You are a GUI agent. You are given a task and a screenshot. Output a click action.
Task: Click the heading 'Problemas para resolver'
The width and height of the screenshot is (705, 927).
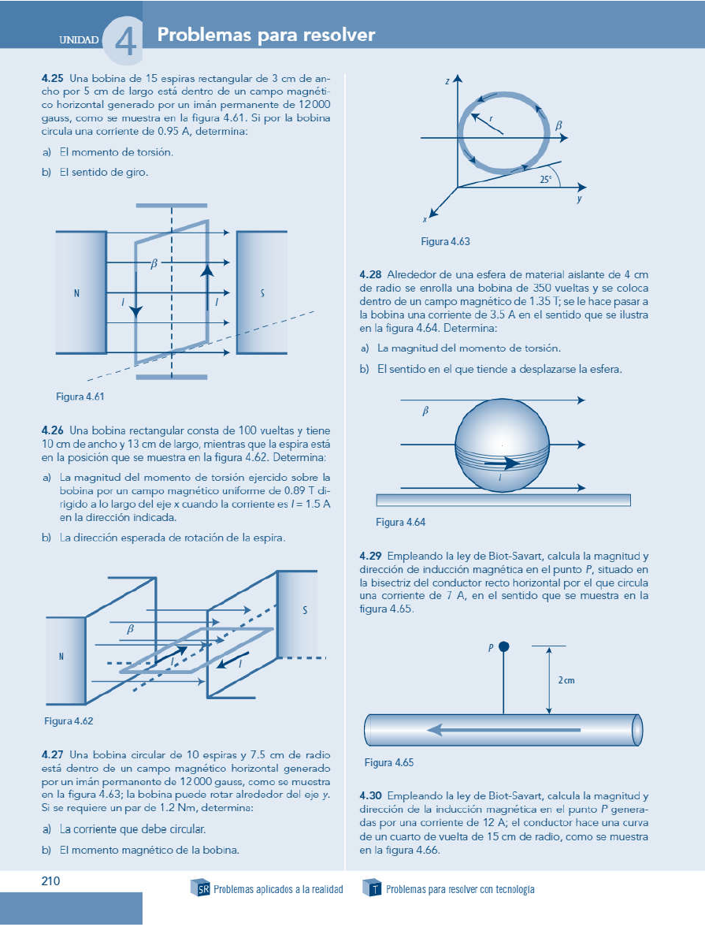265,35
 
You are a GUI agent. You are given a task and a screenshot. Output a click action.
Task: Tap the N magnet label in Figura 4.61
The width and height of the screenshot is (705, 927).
76,293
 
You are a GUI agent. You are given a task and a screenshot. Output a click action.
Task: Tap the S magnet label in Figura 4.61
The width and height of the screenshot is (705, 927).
262,293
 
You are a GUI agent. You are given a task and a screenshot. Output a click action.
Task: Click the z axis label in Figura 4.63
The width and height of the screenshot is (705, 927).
447,80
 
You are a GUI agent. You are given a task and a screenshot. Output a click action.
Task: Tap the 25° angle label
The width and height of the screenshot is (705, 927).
545,179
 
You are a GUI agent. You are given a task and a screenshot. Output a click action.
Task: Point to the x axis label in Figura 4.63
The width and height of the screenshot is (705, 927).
425,220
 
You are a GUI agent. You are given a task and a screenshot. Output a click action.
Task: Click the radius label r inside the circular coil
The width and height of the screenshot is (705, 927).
490,119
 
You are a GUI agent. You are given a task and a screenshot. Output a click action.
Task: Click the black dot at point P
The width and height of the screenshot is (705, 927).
504,646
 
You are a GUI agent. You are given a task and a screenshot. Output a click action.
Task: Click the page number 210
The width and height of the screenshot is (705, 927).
51,881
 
